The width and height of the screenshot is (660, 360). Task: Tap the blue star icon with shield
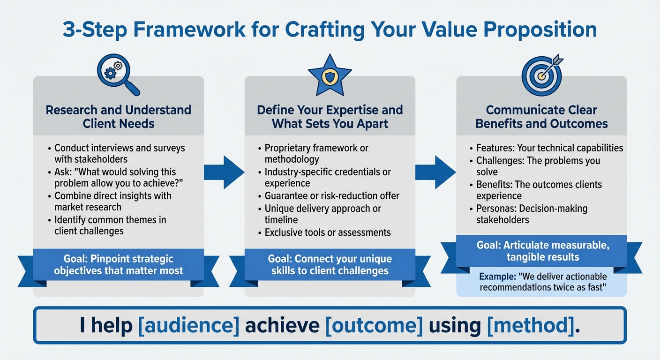(x=330, y=75)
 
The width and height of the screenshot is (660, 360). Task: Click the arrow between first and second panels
(x=224, y=172)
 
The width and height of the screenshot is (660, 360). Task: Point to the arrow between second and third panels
(x=435, y=172)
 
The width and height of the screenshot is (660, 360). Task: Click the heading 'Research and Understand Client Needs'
(x=119, y=117)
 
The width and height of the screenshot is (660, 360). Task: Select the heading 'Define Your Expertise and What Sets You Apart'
(x=330, y=117)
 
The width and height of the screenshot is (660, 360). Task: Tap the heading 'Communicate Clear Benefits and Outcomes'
(x=541, y=117)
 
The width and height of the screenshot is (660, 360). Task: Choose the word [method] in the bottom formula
(x=531, y=325)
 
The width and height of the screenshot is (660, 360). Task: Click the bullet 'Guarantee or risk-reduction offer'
(x=332, y=196)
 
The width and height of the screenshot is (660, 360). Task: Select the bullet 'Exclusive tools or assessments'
(x=328, y=232)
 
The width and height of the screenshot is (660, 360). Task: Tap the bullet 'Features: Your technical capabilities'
(x=549, y=148)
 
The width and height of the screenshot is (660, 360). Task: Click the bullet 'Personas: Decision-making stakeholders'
(x=532, y=214)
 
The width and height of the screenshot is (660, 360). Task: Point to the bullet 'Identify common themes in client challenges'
(x=110, y=225)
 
